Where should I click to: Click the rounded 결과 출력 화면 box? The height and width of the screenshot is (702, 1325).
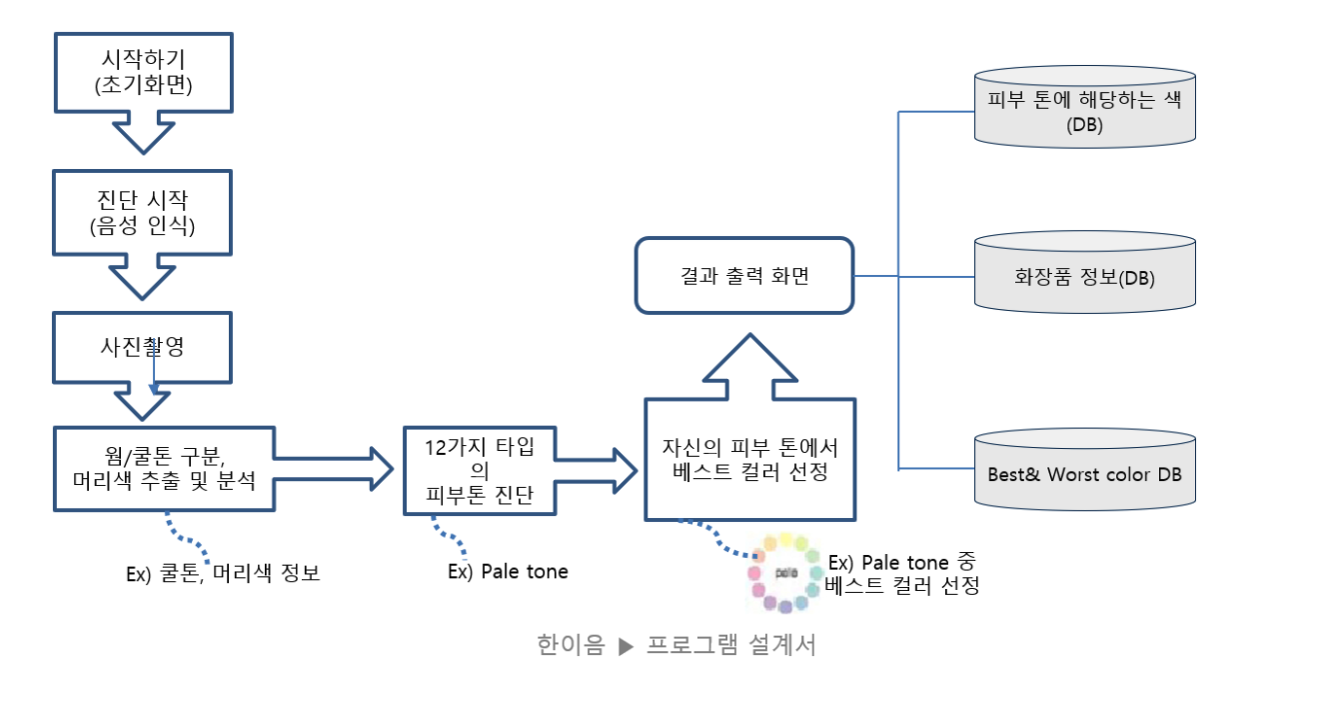tap(744, 275)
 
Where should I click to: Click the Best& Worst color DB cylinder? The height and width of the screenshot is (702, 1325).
tap(1084, 474)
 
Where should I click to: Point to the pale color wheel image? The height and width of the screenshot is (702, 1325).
tap(786, 573)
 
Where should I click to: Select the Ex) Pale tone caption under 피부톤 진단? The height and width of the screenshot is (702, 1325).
tap(508, 571)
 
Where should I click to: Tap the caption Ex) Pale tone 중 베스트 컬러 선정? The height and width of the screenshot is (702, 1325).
tap(903, 573)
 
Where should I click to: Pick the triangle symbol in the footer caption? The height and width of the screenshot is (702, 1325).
tap(627, 646)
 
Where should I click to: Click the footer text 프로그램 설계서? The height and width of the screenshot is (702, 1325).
tap(730, 645)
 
